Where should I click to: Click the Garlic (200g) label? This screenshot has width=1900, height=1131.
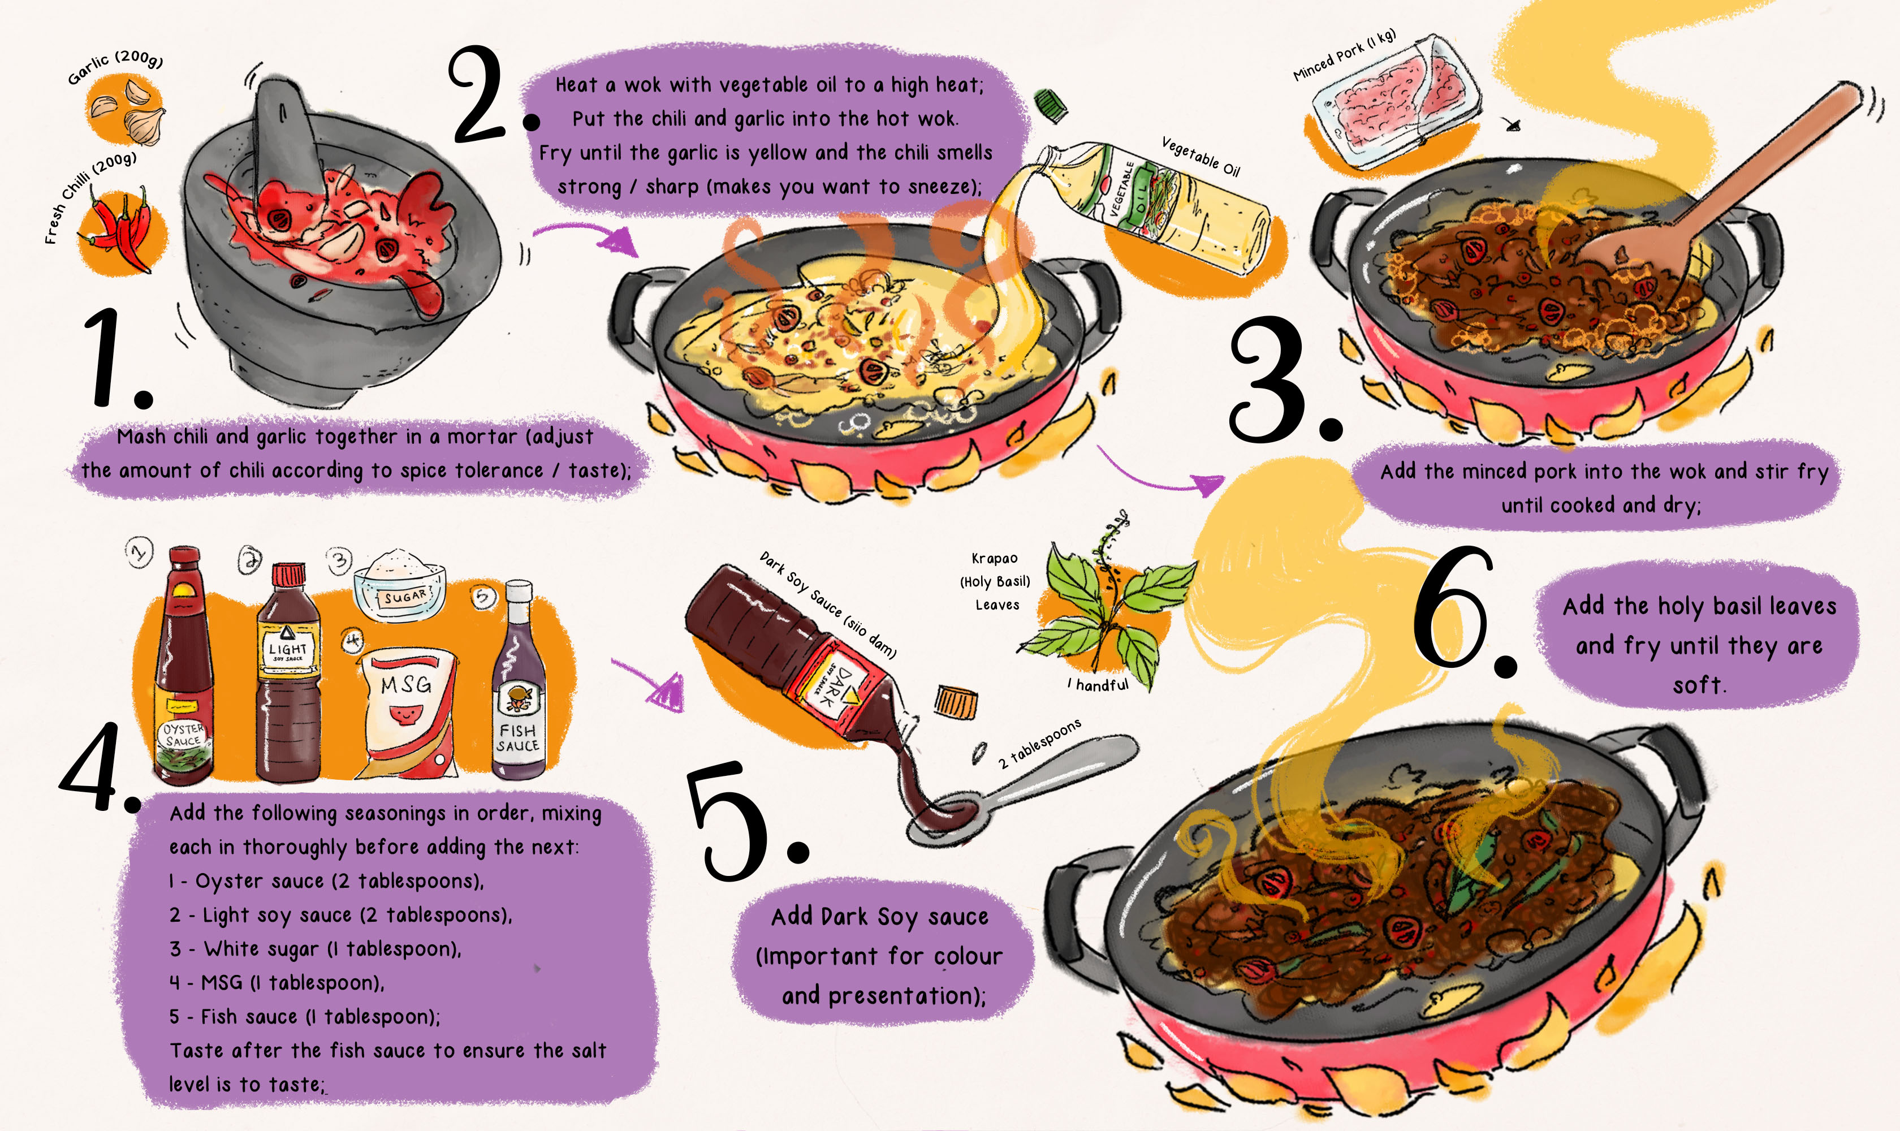point(114,67)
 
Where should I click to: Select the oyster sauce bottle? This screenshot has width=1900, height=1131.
point(183,671)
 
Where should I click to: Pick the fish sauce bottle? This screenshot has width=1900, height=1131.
point(518,686)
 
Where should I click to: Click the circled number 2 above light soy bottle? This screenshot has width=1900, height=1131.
point(249,560)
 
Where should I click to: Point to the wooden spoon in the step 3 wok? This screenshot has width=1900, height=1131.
point(1730,191)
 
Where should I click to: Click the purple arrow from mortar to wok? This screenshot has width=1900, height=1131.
point(587,236)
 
